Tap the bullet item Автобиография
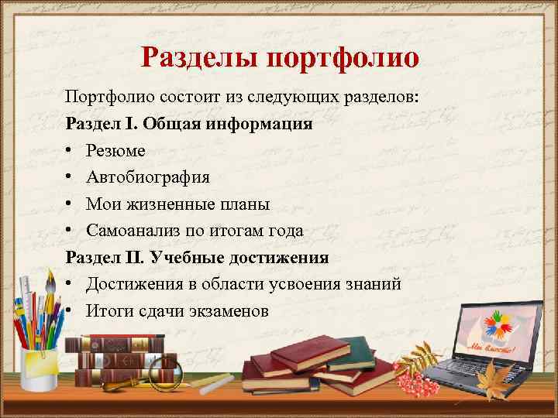point(147,177)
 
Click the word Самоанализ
point(132,230)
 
